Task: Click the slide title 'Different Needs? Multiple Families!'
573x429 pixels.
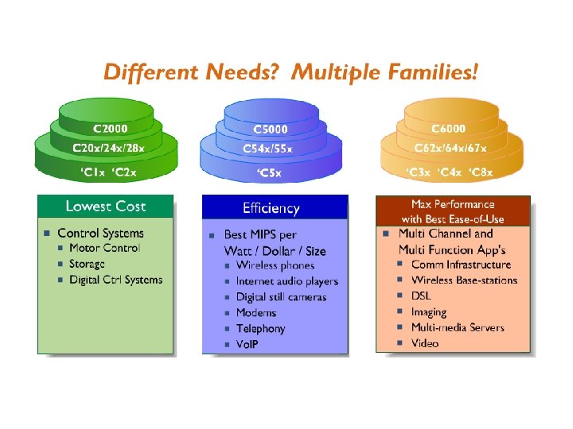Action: [x=291, y=74]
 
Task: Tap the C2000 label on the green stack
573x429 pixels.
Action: [x=110, y=127]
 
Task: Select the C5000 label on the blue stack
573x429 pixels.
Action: [x=271, y=129]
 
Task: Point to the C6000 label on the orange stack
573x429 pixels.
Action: [x=449, y=128]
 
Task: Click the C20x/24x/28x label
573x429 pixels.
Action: [x=109, y=148]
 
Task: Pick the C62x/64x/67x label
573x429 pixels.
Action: [x=450, y=148]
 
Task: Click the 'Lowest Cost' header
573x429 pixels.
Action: [x=106, y=207]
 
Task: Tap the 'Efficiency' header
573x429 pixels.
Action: [x=271, y=208]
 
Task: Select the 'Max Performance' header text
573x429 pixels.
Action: [x=453, y=205]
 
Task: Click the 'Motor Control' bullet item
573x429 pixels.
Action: [x=104, y=248]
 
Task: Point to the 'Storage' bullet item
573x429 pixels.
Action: [x=87, y=264]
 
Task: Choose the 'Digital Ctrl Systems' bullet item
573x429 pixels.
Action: [x=115, y=280]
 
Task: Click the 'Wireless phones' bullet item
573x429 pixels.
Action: [x=275, y=265]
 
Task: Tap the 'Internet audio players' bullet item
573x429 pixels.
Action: [x=286, y=281]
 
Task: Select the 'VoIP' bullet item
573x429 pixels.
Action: [x=248, y=345]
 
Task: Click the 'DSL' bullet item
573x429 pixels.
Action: [x=421, y=296]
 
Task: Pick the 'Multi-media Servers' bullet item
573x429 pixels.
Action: [x=458, y=327]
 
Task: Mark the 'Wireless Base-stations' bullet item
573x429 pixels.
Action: [x=464, y=280]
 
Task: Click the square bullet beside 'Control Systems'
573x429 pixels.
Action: [x=48, y=234]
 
